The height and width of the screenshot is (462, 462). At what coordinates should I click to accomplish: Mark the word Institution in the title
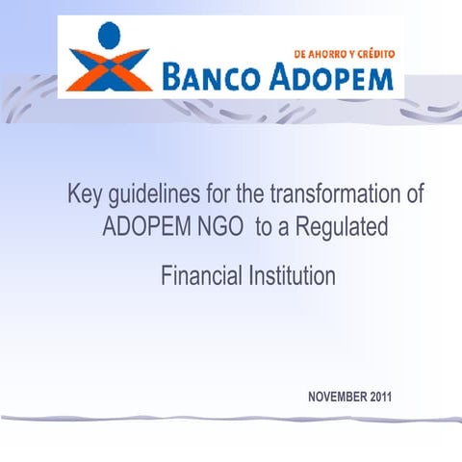click(x=288, y=277)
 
